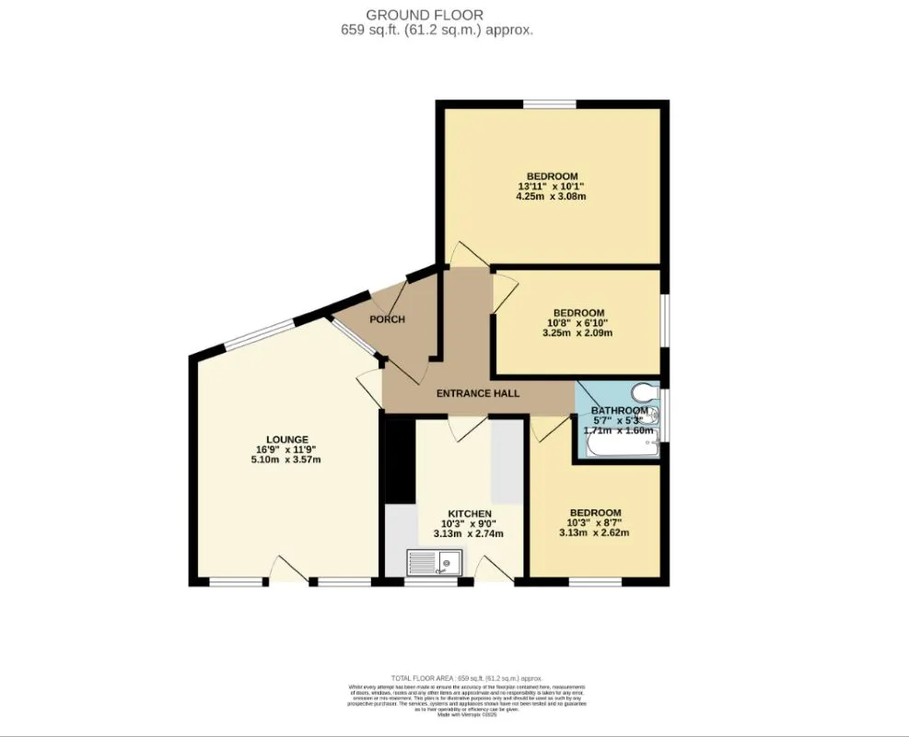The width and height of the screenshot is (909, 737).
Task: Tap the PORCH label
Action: point(388,320)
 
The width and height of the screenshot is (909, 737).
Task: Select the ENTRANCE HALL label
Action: point(477,393)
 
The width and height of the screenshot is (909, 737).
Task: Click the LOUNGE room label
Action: point(287,439)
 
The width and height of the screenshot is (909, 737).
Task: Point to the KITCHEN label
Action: point(469,513)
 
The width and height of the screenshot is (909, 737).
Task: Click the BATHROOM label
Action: point(619,410)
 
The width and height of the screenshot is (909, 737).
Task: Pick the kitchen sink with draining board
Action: point(436,560)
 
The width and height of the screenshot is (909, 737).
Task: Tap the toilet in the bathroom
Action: point(645,392)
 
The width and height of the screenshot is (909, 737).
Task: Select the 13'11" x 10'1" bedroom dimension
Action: point(552,187)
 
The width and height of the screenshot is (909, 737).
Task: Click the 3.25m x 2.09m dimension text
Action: point(578,333)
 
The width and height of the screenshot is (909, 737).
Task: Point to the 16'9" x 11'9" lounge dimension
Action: point(287,450)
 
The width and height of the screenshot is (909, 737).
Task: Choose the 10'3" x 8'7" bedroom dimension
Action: point(594,522)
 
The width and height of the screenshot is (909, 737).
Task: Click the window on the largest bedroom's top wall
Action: point(551,106)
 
